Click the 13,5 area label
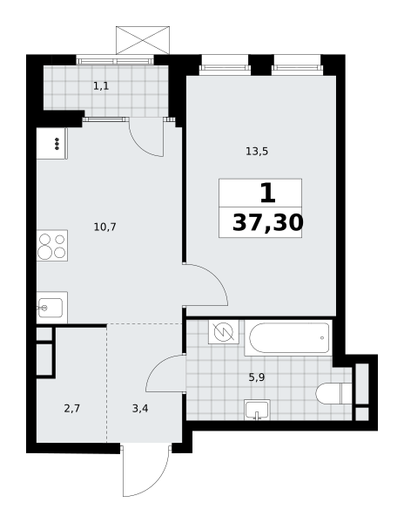257,152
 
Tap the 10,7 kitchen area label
104,228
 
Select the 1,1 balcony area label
101,86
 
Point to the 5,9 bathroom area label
257,377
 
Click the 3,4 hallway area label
140,408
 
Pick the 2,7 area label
72,408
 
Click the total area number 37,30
268,222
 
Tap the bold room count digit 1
268,194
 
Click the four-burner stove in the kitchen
52,246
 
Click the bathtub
288,338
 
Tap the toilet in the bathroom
333,394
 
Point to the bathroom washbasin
257,410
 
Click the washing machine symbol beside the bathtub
224,332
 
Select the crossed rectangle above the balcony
143,40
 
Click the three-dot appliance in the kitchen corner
57,144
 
